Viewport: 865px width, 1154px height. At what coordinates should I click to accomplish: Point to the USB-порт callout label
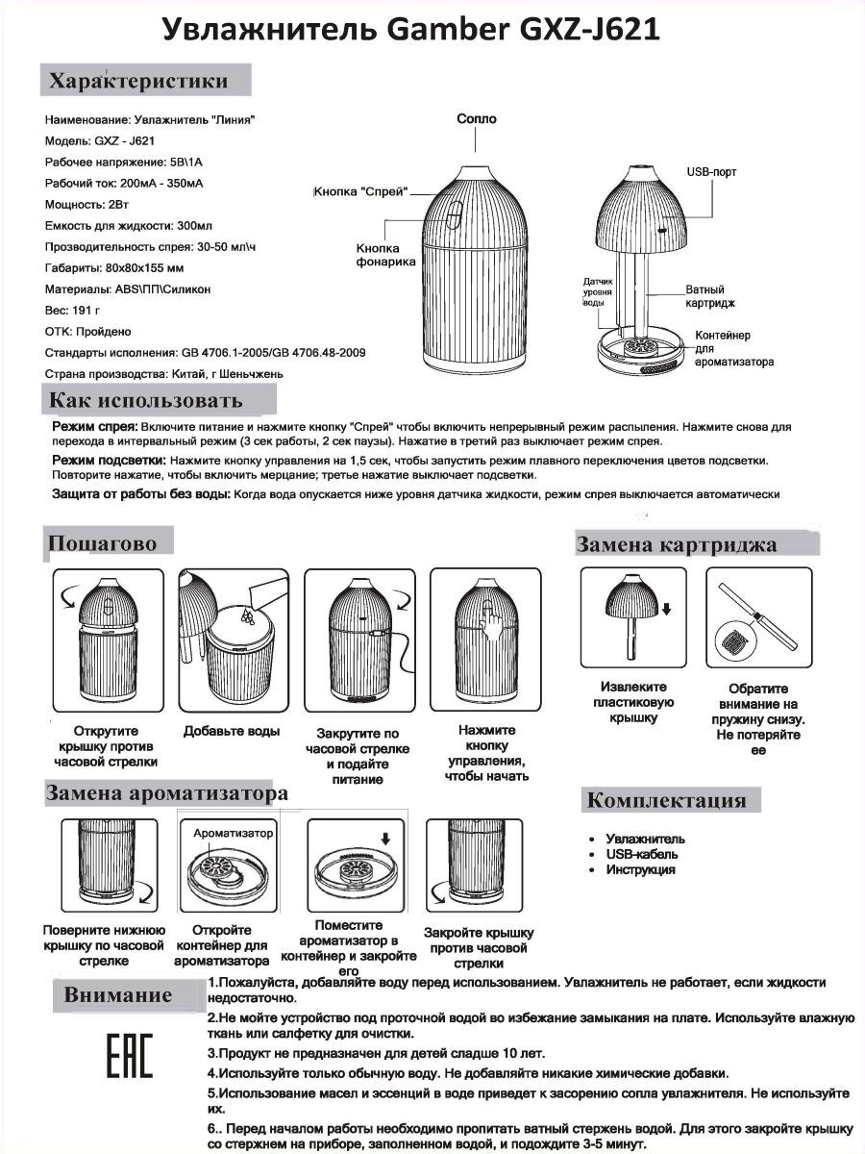click(x=711, y=171)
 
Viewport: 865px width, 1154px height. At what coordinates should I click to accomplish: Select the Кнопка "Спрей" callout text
click(x=361, y=192)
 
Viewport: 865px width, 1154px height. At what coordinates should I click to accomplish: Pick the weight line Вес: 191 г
click(x=73, y=312)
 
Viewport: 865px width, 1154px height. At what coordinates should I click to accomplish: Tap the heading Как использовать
click(x=146, y=400)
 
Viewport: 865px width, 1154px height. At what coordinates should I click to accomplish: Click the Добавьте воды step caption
click(x=232, y=731)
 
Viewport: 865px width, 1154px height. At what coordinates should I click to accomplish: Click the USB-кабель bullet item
click(x=641, y=854)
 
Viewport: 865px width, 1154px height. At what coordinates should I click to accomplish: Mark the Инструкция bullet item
click(x=640, y=869)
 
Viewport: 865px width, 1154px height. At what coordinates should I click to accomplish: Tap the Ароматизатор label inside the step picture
click(x=234, y=833)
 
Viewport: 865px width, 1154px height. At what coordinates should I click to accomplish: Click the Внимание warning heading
click(x=118, y=995)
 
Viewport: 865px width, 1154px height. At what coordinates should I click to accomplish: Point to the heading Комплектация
click(x=666, y=800)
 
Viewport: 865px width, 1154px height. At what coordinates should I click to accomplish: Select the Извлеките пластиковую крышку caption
click(x=634, y=703)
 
